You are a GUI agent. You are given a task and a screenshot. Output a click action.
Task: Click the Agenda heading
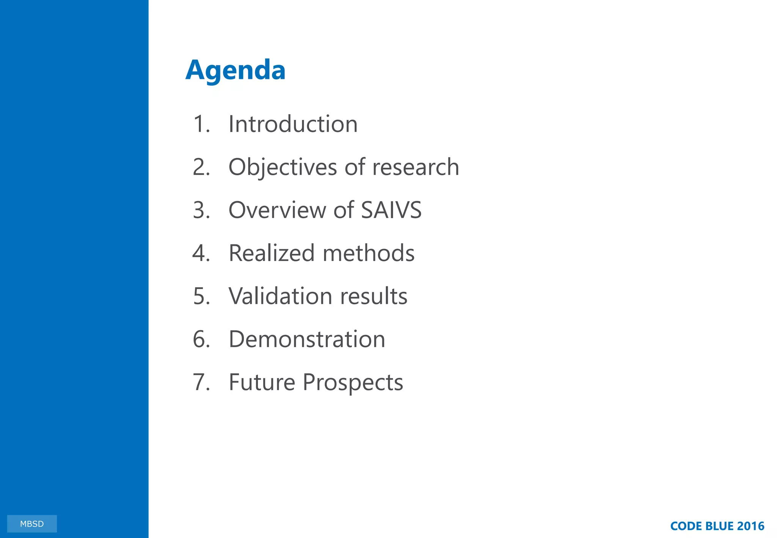[x=235, y=71]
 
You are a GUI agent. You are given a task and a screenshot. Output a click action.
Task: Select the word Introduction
[x=293, y=124]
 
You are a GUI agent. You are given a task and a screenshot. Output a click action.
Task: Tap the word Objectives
[x=283, y=167]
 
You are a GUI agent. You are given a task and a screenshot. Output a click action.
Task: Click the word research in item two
[x=415, y=167]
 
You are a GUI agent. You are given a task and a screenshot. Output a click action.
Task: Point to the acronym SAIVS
[x=391, y=210]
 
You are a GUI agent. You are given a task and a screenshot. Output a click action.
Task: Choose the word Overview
[x=277, y=210]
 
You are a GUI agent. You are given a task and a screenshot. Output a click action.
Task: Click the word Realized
[x=272, y=253]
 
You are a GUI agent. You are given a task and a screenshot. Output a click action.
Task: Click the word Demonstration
[x=307, y=339]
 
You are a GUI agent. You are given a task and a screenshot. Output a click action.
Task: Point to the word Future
[x=262, y=382]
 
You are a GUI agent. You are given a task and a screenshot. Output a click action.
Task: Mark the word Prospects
[x=353, y=382]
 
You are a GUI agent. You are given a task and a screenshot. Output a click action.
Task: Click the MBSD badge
[x=32, y=524]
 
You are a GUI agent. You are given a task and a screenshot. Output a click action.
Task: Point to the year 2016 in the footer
[x=750, y=526]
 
